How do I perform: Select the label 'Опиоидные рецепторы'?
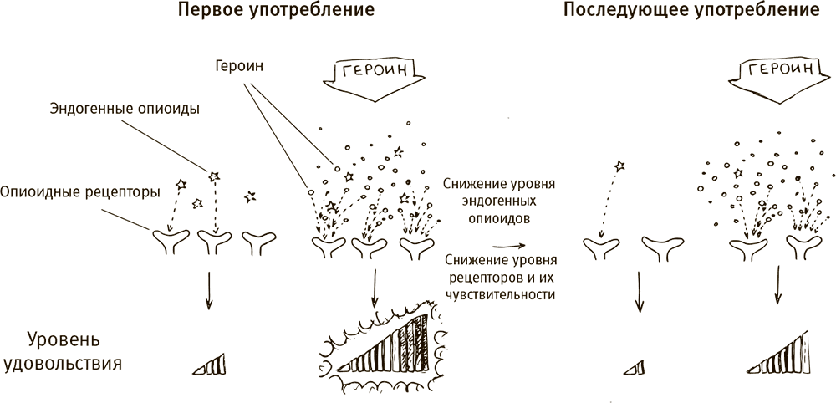tap(80, 191)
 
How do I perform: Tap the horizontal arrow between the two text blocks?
tap(508, 246)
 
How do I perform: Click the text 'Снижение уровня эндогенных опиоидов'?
tap(501, 201)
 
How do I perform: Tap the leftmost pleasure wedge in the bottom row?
tap(211, 362)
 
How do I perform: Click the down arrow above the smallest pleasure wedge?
tap(639, 294)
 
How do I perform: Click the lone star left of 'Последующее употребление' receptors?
tap(619, 166)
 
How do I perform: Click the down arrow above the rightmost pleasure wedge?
tap(778, 286)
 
